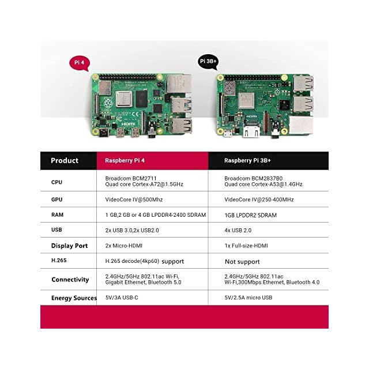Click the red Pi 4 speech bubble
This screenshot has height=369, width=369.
click(x=80, y=62)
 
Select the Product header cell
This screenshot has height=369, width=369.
click(x=65, y=161)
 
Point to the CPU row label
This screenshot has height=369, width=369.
click(x=57, y=182)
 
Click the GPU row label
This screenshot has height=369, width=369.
click(x=57, y=199)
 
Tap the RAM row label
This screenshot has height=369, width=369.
click(x=57, y=215)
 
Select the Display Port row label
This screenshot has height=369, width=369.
click(x=69, y=246)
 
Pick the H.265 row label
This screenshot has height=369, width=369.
click(x=59, y=261)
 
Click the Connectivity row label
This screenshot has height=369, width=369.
click(x=70, y=280)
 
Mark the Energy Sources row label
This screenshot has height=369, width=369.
click(x=74, y=298)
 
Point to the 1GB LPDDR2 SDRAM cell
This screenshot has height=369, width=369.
click(x=250, y=215)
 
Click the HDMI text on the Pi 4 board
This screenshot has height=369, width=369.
click(x=129, y=123)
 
